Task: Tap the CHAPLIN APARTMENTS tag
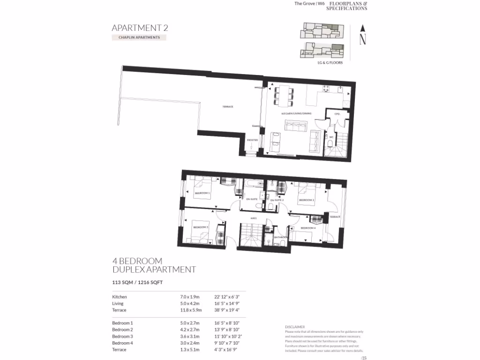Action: click(139, 37)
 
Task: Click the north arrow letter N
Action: click(362, 40)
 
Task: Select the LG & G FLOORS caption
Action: click(330, 62)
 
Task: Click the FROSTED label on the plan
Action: click(253, 140)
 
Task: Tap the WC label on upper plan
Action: click(331, 137)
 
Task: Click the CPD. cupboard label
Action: click(337, 114)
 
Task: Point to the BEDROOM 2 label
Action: click(307, 200)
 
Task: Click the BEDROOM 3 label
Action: click(201, 227)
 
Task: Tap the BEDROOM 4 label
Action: click(308, 228)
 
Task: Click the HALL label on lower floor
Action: click(253, 218)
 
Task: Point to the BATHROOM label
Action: click(280, 237)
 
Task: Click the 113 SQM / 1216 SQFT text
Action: click(137, 283)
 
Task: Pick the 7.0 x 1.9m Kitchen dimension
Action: click(190, 297)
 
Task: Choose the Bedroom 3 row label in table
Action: click(123, 336)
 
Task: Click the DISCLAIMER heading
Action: click(295, 327)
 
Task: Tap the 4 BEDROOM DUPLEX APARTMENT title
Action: click(154, 265)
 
